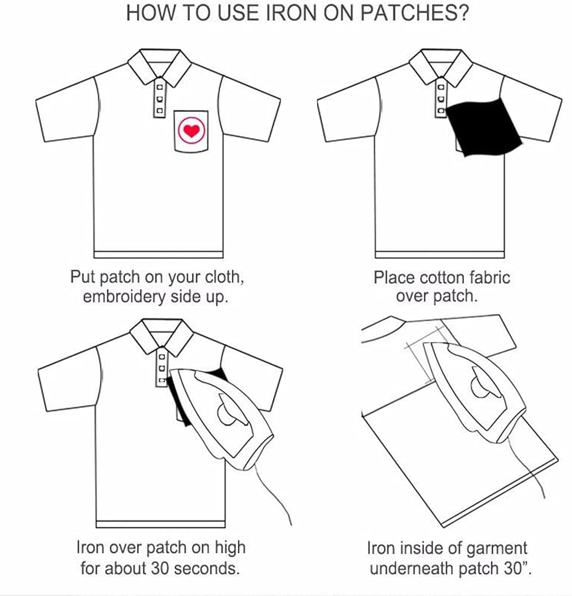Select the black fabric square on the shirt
tap(483, 126)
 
